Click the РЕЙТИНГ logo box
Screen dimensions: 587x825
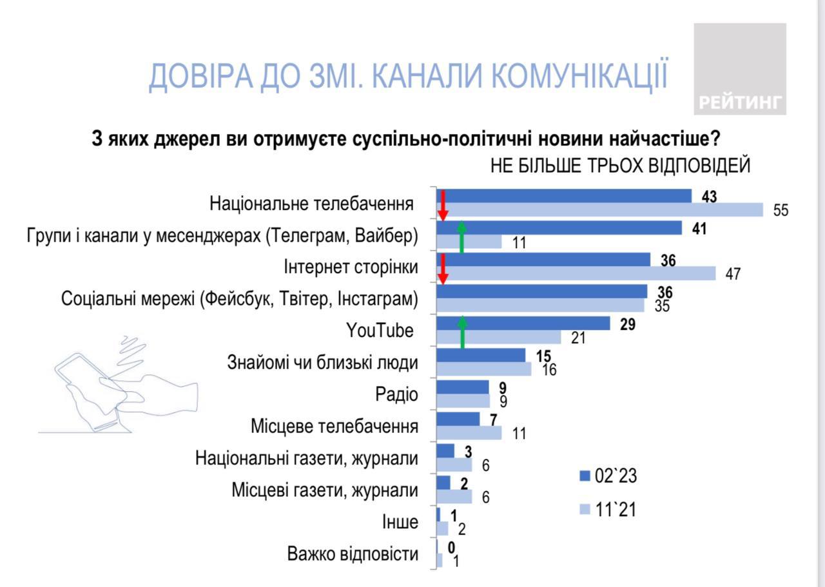(x=739, y=69)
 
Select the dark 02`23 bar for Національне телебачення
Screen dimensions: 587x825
(x=564, y=196)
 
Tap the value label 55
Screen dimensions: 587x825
(x=781, y=211)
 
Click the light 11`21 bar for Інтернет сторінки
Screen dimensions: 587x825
(x=576, y=274)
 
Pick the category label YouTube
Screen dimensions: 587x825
(x=380, y=331)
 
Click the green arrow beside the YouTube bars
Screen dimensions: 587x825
(x=462, y=332)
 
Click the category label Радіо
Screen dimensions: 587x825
(x=396, y=394)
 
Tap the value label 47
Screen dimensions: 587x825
(x=733, y=274)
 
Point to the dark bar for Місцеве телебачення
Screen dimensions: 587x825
(x=458, y=419)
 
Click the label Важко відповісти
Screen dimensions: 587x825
(x=353, y=554)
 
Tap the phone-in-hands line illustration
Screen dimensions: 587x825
(x=116, y=387)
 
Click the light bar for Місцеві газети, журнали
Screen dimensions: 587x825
(x=454, y=497)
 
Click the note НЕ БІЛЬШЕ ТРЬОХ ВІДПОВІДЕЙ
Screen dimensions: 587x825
(x=620, y=166)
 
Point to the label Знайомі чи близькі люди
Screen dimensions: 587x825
(x=323, y=363)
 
